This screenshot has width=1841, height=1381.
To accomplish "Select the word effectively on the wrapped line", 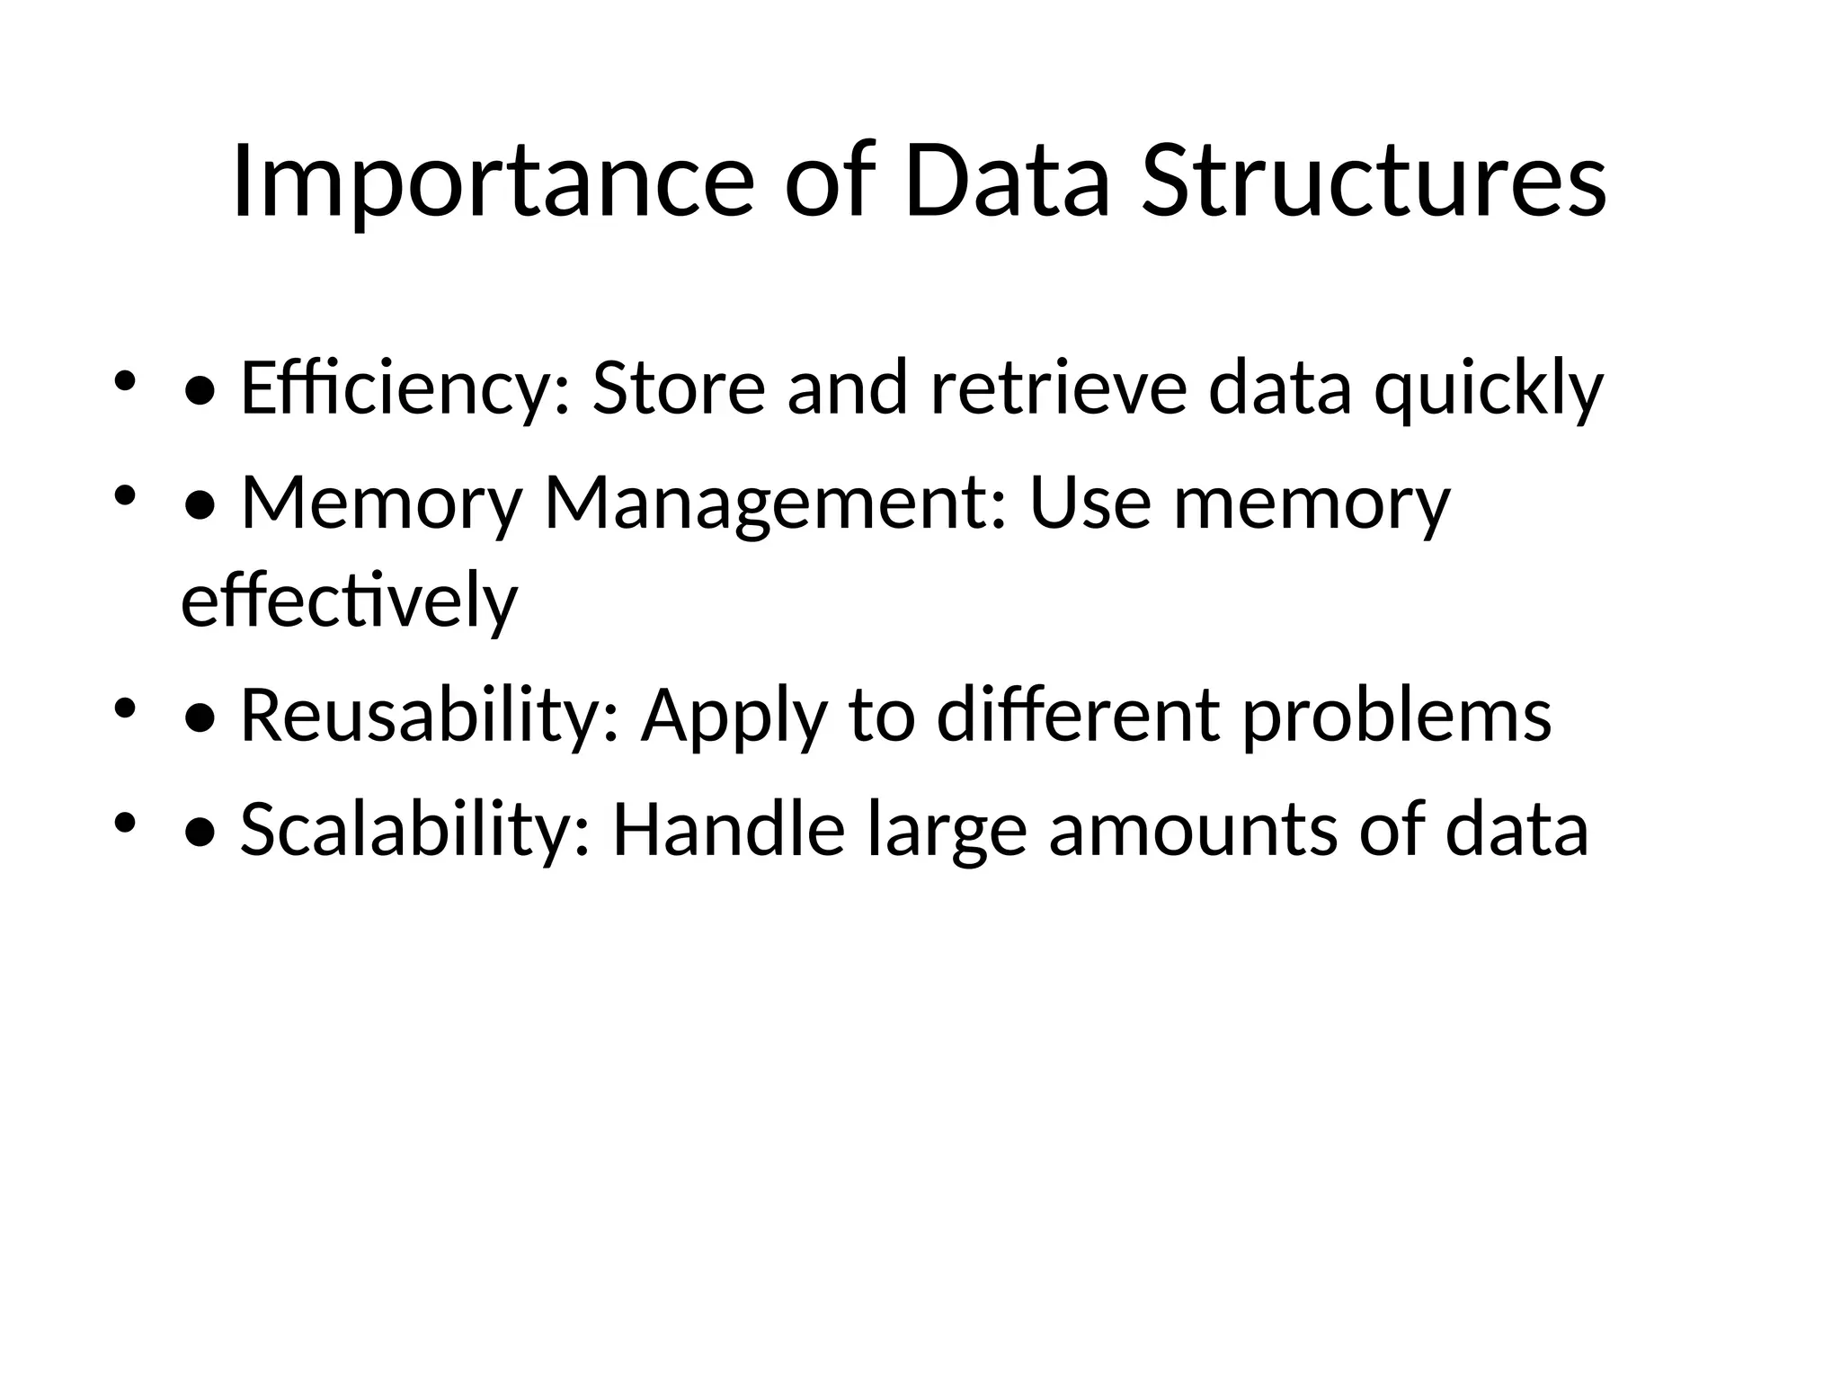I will point(350,601).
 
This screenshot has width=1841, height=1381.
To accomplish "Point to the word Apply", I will point(734,717).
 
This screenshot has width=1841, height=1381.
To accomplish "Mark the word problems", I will point(1397,717).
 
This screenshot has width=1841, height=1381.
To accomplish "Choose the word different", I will point(1079,717).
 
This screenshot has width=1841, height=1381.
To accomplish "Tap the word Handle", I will point(729,830).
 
